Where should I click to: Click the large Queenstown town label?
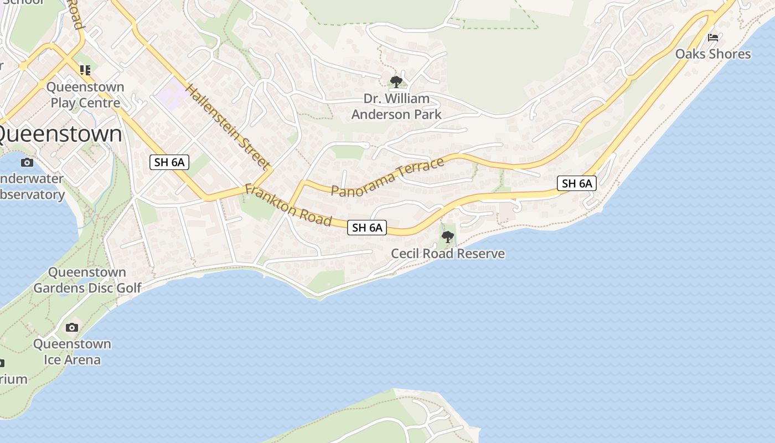[x=58, y=135]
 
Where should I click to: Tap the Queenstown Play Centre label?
[x=85, y=95]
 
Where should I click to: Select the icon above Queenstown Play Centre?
[x=85, y=70]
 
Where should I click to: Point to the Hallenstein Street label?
[x=227, y=127]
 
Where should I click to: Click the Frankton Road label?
[x=288, y=205]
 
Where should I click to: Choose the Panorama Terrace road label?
[x=387, y=177]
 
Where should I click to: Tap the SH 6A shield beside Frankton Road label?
[x=366, y=227]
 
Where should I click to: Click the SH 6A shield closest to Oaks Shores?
[x=577, y=183]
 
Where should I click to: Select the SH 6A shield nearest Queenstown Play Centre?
[x=169, y=162]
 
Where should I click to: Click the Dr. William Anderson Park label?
[x=396, y=106]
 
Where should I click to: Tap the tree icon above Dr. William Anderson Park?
[x=396, y=82]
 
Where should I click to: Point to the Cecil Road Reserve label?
[x=448, y=254]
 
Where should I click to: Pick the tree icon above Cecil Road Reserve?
[x=447, y=237]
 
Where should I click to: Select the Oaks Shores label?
[x=712, y=54]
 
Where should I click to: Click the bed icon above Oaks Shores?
[x=713, y=38]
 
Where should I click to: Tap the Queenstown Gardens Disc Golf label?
[x=87, y=280]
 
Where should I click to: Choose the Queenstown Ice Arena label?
[x=72, y=352]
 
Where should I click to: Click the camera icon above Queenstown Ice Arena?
[x=71, y=327]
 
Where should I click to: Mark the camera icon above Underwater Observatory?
[x=27, y=162]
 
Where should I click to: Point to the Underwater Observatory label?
[x=32, y=187]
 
